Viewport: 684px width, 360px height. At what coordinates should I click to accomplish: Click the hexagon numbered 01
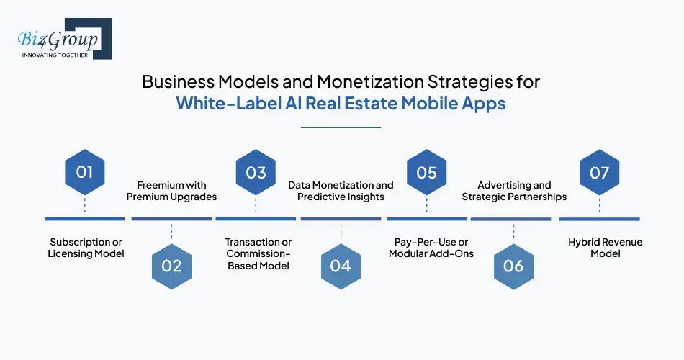pos(85,173)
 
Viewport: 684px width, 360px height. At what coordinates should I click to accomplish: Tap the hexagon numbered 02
pos(171,266)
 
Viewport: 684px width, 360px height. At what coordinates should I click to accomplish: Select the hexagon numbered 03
pos(256,173)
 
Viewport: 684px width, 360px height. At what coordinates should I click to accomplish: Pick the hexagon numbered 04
pos(341,266)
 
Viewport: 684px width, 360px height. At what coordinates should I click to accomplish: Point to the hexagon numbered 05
pos(427,173)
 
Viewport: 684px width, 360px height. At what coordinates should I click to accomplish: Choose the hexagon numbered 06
pos(513,266)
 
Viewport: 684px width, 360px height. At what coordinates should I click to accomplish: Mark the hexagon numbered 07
pos(600,173)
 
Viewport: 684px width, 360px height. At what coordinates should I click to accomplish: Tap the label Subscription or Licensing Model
pos(86,248)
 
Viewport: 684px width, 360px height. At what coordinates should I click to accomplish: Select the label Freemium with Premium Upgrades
pos(171,191)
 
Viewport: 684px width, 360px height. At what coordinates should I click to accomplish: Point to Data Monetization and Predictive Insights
pos(341,191)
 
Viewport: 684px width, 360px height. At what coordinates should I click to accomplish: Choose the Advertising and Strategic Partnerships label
pos(514,191)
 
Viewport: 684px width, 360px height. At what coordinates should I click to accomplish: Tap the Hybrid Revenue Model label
pos(600,248)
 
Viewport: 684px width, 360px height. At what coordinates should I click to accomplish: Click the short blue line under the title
pos(341,127)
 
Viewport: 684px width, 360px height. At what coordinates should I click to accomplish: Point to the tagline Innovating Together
pos(55,55)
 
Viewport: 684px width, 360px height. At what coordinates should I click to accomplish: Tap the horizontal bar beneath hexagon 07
pos(600,218)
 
